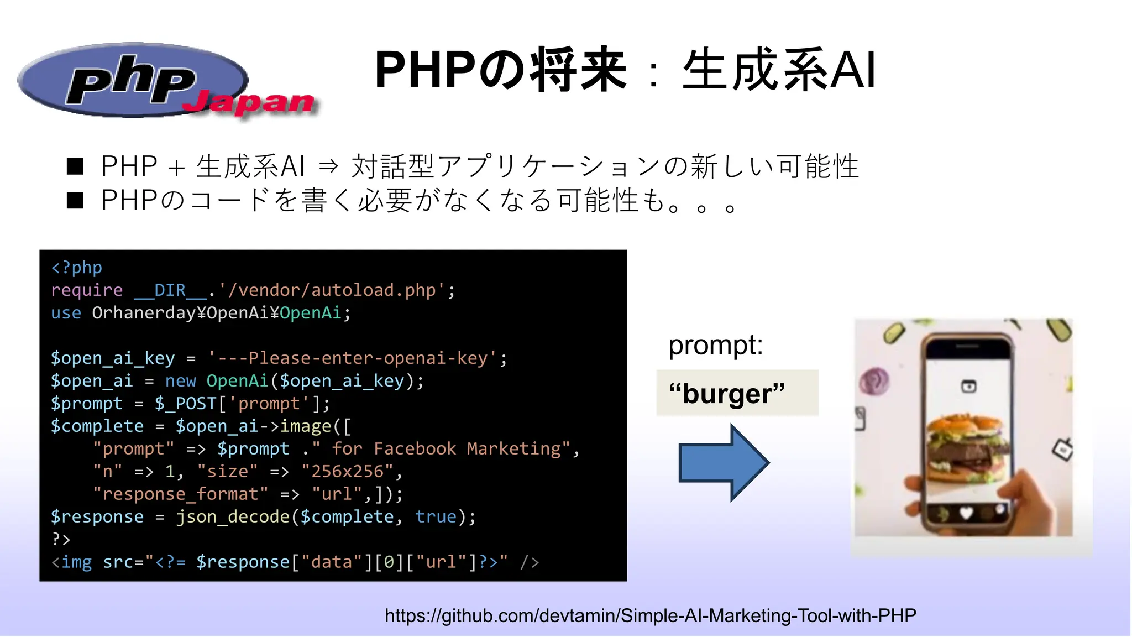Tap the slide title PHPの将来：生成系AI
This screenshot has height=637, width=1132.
pyautogui.click(x=625, y=70)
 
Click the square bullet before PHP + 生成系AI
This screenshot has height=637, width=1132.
pyautogui.click(x=75, y=166)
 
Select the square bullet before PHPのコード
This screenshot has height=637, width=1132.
pyautogui.click(x=75, y=200)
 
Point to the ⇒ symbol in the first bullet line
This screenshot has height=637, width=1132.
pyautogui.click(x=328, y=166)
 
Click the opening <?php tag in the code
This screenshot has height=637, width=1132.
pyautogui.click(x=76, y=268)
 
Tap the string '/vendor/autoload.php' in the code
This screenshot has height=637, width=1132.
pyautogui.click(x=332, y=290)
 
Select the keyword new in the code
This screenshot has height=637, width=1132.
pyautogui.click(x=180, y=381)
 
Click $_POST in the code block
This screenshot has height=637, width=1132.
pyautogui.click(x=185, y=404)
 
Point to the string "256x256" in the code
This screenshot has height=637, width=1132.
pyautogui.click(x=347, y=472)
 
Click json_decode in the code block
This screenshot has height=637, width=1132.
pyautogui.click(x=233, y=517)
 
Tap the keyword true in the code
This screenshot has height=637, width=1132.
pyautogui.click(x=436, y=517)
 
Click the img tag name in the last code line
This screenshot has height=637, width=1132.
pyautogui.click(x=76, y=562)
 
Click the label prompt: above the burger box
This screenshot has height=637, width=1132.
pyautogui.click(x=715, y=345)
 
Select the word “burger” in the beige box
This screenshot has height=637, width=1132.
pyautogui.click(x=727, y=394)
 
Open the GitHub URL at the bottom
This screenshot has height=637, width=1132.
pyautogui.click(x=650, y=615)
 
